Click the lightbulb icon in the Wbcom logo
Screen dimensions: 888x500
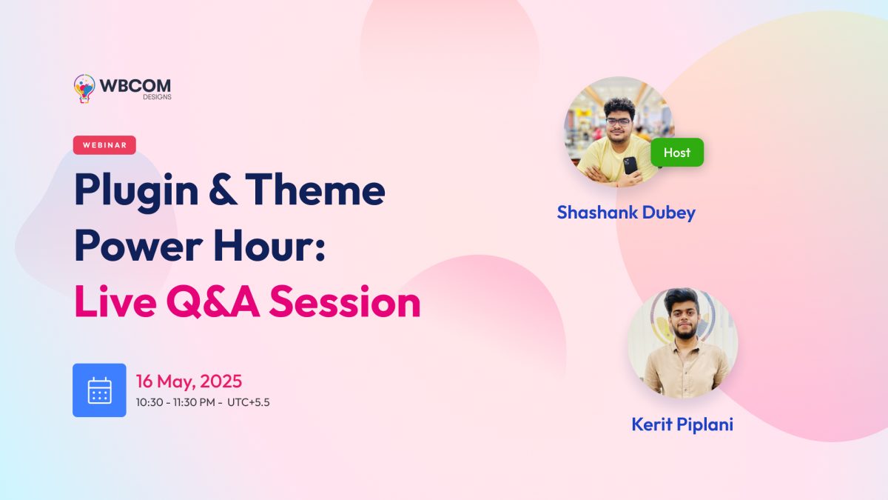coord(84,88)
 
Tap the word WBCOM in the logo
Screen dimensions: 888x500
coord(135,86)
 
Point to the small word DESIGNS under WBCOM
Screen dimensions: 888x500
coord(158,97)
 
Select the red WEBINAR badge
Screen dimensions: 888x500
coord(104,145)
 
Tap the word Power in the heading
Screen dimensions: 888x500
coord(139,245)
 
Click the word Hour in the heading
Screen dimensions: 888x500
coord(269,245)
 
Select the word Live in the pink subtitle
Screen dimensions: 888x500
coord(115,301)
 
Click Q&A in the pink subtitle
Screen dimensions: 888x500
coord(213,301)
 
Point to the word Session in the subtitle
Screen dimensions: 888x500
coord(345,301)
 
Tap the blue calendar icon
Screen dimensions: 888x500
coord(99,390)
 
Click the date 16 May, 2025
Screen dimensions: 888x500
coord(189,381)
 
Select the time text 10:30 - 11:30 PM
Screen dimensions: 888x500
coord(175,402)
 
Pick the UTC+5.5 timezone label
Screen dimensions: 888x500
coord(249,402)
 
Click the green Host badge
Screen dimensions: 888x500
coord(677,153)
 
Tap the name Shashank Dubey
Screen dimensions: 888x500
coord(626,213)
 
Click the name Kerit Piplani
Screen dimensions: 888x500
coord(682,424)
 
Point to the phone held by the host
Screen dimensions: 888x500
coord(630,165)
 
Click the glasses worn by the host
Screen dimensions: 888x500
coord(618,121)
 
